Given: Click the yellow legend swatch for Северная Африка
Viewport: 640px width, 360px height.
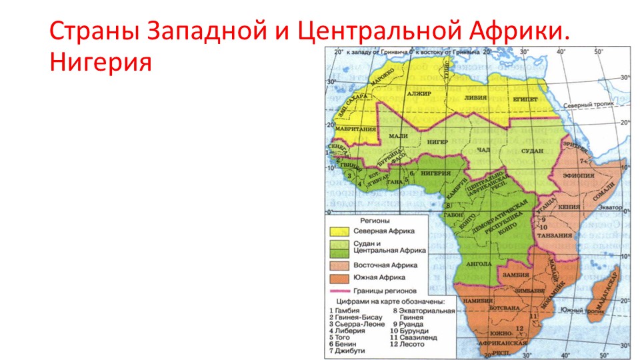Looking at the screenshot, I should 340,231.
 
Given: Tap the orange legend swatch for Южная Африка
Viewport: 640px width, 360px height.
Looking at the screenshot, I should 340,277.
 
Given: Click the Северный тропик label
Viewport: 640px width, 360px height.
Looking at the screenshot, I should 587,105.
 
